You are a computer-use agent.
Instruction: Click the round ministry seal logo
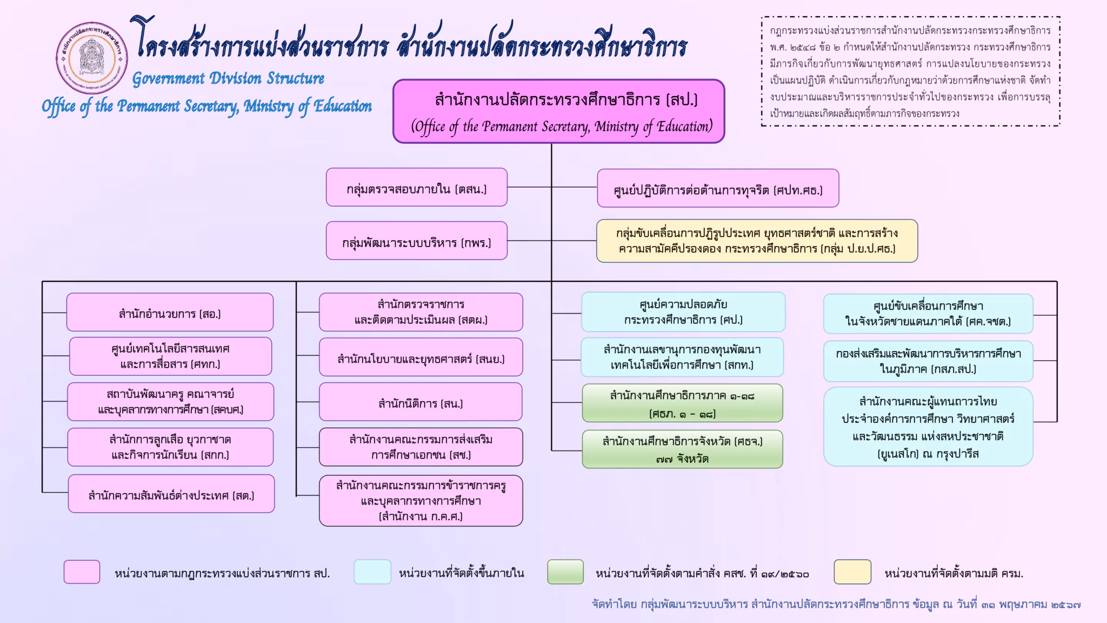[92, 58]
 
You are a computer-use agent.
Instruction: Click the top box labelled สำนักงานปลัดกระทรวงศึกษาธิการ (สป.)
[558, 111]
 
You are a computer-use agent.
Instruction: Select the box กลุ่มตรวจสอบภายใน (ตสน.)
[417, 187]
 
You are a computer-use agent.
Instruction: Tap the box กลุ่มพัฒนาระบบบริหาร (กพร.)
[417, 241]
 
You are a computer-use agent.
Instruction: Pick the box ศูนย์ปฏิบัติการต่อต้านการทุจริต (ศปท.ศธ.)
[718, 188]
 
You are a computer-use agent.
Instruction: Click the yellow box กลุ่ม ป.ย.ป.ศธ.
[757, 241]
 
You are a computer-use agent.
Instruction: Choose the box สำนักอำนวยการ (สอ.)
[170, 312]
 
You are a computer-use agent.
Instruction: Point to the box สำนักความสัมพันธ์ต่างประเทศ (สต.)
[171, 494]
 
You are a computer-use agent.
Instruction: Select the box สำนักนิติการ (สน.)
[421, 402]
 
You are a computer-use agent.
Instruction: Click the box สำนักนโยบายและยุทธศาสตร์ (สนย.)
[421, 357]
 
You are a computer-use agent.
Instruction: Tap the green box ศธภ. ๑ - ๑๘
[682, 403]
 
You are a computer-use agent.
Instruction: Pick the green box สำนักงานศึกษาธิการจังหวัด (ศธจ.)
[682, 449]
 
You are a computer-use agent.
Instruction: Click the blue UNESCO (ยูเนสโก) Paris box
[928, 427]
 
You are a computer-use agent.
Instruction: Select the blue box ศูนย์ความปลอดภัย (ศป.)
[683, 312]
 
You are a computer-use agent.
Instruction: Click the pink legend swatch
[82, 572]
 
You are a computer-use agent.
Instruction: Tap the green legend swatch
[565, 572]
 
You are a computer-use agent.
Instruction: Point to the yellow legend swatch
[852, 572]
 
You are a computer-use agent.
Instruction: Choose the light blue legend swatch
[372, 572]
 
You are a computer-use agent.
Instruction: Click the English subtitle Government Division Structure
[228, 78]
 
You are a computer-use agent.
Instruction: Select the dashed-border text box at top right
[911, 71]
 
